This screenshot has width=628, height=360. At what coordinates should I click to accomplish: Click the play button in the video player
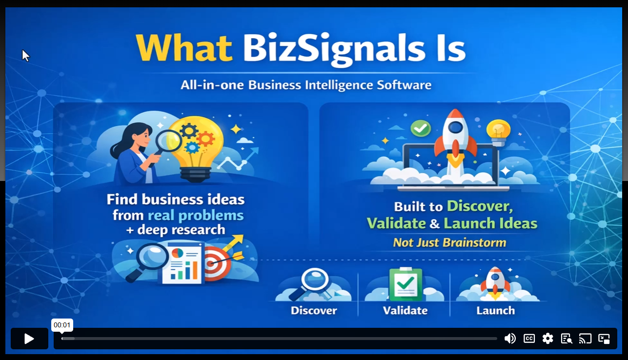(29, 339)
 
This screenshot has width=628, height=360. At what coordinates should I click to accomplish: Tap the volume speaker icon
(510, 339)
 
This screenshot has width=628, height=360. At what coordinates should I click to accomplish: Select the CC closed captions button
(529, 339)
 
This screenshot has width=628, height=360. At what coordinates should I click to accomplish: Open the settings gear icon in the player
(547, 339)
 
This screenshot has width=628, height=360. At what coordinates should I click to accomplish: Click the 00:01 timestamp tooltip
(62, 325)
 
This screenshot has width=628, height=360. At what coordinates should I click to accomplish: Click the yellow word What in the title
(184, 48)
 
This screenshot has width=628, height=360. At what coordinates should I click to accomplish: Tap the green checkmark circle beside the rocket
(421, 129)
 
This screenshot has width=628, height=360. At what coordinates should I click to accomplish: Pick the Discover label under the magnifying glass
(314, 311)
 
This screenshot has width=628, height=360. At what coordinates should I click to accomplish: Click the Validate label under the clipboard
(405, 311)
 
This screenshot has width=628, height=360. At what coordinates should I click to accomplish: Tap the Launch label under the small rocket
(496, 311)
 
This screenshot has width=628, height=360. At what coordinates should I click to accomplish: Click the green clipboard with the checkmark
(405, 284)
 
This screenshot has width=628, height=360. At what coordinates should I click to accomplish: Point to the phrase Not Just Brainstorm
(450, 242)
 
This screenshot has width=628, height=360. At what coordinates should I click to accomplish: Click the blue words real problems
(196, 216)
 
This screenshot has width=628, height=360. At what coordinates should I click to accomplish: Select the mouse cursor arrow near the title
(26, 56)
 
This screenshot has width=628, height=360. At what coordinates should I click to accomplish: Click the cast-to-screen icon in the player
(585, 339)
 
